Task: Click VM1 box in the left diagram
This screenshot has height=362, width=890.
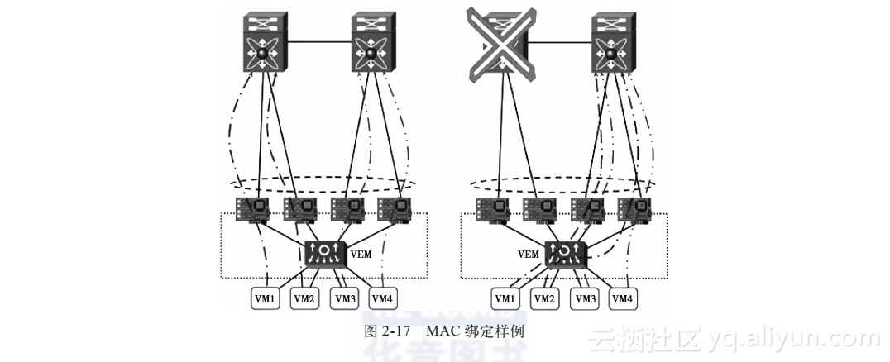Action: [266, 298]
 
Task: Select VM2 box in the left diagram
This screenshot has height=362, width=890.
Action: [304, 298]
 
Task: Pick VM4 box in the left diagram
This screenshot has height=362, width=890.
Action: [381, 298]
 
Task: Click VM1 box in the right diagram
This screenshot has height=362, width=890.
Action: [505, 298]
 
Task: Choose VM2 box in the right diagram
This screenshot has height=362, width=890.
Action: [544, 298]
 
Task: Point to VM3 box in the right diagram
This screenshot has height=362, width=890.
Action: [584, 298]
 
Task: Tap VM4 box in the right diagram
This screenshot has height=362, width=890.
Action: [623, 298]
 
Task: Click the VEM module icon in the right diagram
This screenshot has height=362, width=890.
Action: [565, 253]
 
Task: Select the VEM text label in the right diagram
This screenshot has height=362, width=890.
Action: [529, 255]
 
